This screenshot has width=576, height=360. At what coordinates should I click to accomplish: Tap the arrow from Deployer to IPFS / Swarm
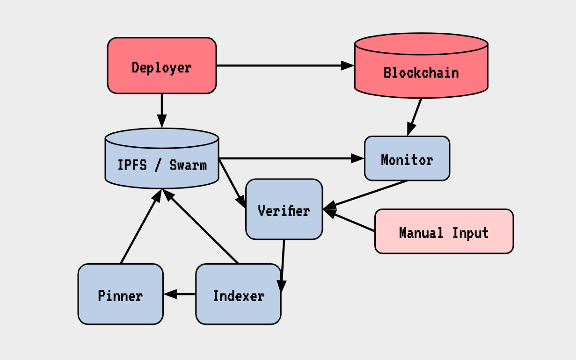pyautogui.click(x=161, y=110)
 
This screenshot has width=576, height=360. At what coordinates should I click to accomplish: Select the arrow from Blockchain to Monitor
pyautogui.click(x=415, y=117)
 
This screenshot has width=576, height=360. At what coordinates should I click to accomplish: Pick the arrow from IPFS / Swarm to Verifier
pyautogui.click(x=233, y=183)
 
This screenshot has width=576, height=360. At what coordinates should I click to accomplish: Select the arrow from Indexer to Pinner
pyautogui.click(x=180, y=294)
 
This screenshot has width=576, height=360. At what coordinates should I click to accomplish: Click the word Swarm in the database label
pyautogui.click(x=188, y=165)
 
